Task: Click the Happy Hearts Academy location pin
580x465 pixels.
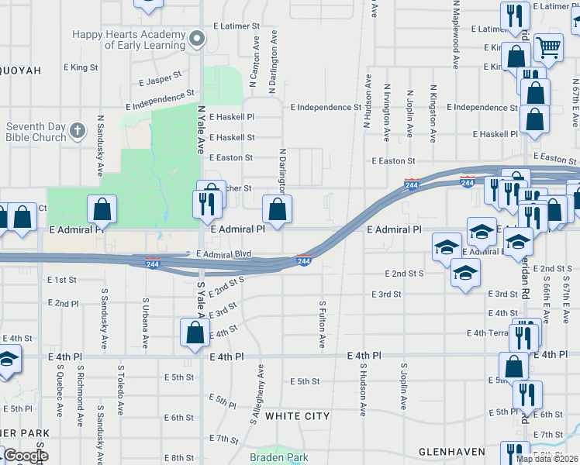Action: pyautogui.click(x=199, y=38)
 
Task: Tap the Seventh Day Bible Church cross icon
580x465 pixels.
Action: pyautogui.click(x=77, y=130)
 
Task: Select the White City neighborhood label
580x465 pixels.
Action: pyautogui.click(x=297, y=416)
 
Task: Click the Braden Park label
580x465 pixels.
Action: pyautogui.click(x=278, y=457)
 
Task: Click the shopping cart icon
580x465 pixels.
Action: pyautogui.click(x=549, y=47)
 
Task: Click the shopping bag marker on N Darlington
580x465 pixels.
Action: pyautogui.click(x=278, y=208)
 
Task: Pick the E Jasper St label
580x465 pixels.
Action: pyautogui.click(x=160, y=78)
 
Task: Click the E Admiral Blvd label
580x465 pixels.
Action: pyautogui.click(x=224, y=253)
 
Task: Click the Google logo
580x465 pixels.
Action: pyautogui.click(x=25, y=456)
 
